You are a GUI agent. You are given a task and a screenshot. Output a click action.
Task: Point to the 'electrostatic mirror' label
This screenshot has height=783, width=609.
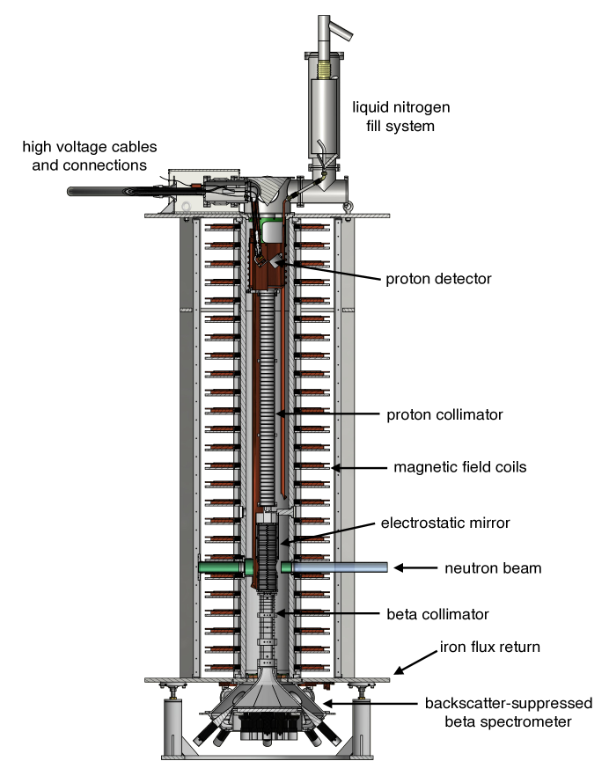coord(444,523)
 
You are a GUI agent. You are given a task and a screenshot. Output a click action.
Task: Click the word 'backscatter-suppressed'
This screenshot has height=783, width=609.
coord(498,704)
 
